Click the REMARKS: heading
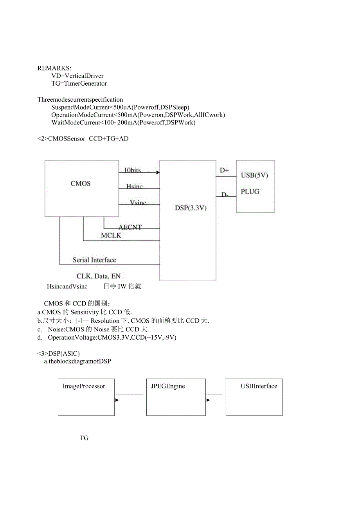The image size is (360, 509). (54, 68)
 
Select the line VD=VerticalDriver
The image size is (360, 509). (77, 76)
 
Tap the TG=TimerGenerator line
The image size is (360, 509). (79, 84)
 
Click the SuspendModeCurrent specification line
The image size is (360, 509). (121, 107)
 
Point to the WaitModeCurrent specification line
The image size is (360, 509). (123, 123)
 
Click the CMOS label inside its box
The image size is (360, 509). (81, 183)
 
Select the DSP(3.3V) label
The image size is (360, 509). (191, 208)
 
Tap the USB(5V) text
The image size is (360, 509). (254, 175)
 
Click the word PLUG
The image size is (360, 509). (250, 192)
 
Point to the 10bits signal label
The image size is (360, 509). (132, 170)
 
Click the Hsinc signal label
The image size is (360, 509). (134, 187)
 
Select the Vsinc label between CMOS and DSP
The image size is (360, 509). (138, 203)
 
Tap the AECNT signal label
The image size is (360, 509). (130, 227)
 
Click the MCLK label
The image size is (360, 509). (111, 236)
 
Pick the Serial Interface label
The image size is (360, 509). (94, 260)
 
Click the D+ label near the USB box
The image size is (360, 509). (224, 170)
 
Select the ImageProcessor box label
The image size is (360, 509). (84, 386)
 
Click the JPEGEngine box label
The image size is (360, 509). (168, 386)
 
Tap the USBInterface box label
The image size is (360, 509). (259, 386)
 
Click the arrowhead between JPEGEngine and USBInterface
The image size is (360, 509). (208, 400)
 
